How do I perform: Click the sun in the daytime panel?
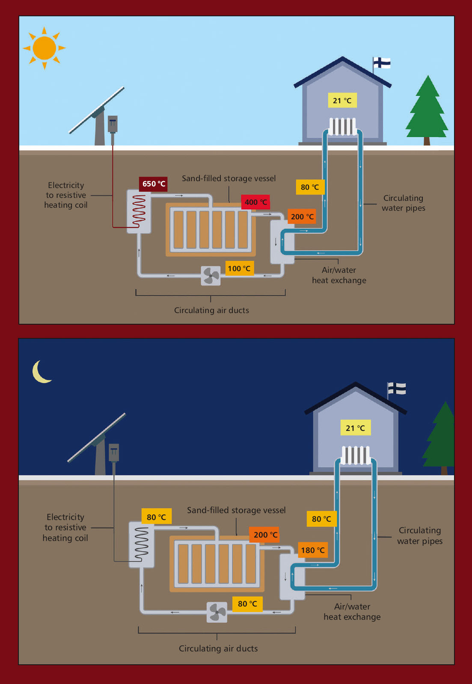pyautogui.click(x=44, y=48)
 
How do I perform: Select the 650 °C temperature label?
pyautogui.click(x=153, y=184)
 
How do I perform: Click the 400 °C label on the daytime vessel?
pyautogui.click(x=255, y=202)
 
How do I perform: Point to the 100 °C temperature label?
pyautogui.click(x=239, y=269)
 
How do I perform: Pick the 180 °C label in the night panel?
pyautogui.click(x=312, y=550)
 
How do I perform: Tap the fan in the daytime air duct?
pyautogui.click(x=211, y=275)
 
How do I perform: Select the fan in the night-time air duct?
pyautogui.click(x=217, y=612)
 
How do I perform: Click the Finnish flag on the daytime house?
pyautogui.click(x=381, y=63)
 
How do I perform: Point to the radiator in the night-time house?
pyautogui.click(x=356, y=455)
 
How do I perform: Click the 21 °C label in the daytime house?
pyautogui.click(x=342, y=101)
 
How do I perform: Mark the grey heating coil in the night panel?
pyautogui.click(x=142, y=544)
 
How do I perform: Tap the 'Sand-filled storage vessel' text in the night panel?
pyautogui.click(x=236, y=510)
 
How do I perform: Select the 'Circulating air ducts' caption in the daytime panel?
pyautogui.click(x=211, y=310)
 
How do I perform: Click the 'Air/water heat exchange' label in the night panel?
pyautogui.click(x=352, y=612)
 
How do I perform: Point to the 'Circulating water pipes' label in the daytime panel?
pyautogui.click(x=403, y=203)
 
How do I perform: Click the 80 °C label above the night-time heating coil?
pyautogui.click(x=156, y=517)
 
